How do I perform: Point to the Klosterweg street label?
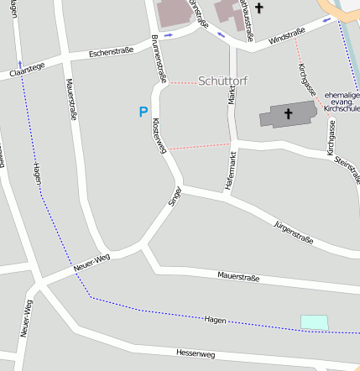(x=159, y=133)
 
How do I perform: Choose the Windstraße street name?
(x=287, y=35)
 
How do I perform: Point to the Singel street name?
(x=175, y=196)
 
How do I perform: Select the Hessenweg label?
(x=196, y=355)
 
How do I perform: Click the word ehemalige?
(x=341, y=94)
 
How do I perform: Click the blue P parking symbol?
(x=143, y=112)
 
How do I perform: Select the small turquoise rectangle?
(x=314, y=322)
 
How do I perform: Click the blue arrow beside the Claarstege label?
(x=20, y=63)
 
